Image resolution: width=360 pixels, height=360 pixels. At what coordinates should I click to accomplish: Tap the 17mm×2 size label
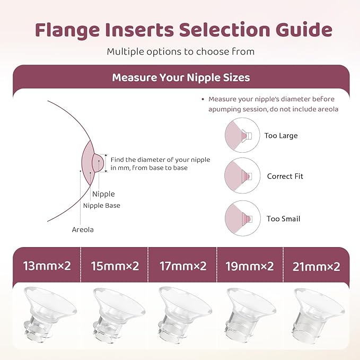[x=180, y=266]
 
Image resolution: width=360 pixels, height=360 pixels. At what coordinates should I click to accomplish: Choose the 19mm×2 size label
[x=248, y=266]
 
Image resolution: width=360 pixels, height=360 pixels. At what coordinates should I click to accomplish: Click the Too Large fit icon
[x=241, y=135]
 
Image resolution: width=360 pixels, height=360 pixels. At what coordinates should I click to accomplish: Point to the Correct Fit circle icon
[x=241, y=176]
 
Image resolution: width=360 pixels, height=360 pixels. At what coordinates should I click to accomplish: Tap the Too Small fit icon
[x=241, y=218]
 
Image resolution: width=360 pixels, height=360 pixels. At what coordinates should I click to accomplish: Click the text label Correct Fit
[x=285, y=177]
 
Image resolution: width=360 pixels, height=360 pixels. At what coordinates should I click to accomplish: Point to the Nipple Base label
[x=101, y=206]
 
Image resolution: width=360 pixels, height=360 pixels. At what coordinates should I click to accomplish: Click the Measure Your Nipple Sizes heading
[x=181, y=78]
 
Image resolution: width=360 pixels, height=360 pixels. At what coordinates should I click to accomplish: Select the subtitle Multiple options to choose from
[x=180, y=51]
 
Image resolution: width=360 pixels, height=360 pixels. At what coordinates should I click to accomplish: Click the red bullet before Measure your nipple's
[x=203, y=99]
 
